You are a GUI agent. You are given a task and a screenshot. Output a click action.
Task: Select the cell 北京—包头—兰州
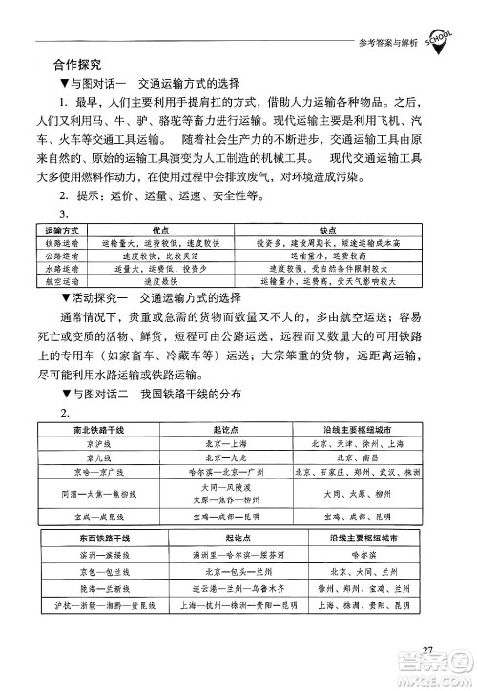(232, 571)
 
